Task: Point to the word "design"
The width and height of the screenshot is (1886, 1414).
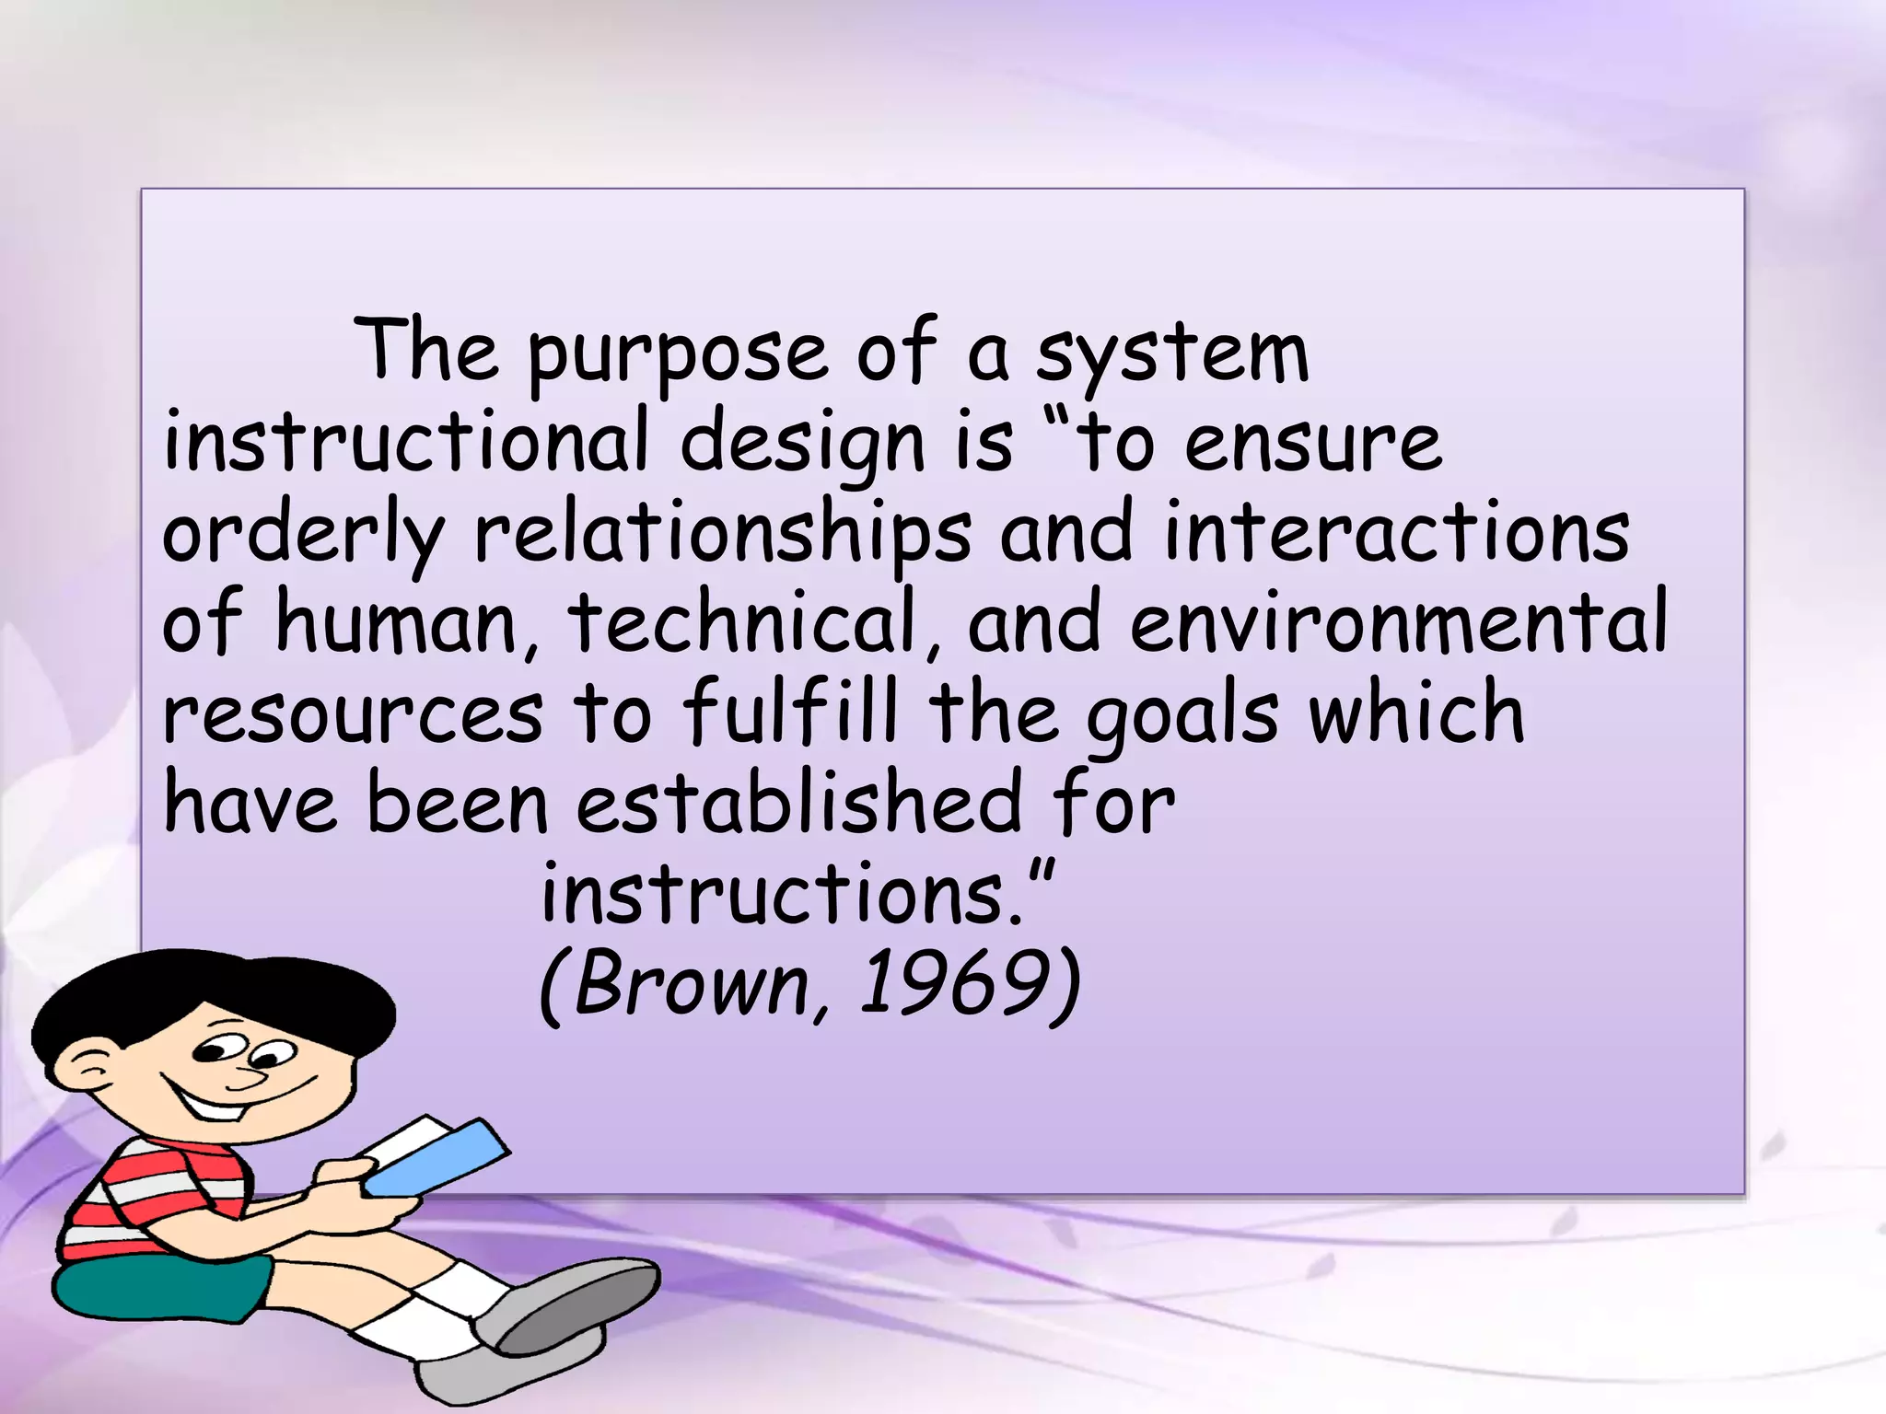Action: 802,446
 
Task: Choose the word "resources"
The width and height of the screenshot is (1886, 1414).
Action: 354,714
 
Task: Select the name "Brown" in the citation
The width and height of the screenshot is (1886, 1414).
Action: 691,985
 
